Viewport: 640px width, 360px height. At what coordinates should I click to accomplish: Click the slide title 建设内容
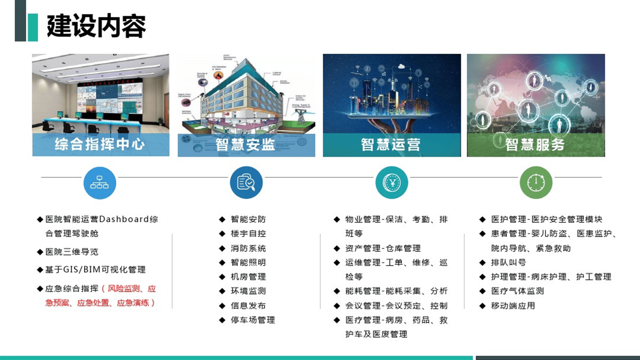96,26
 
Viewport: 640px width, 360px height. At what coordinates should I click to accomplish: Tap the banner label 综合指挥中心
100,144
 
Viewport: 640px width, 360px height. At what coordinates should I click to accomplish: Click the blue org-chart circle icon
100,182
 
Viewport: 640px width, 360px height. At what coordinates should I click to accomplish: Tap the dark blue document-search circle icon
246,182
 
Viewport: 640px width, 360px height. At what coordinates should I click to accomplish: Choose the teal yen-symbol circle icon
392,182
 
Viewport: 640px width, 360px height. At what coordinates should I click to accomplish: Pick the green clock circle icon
536,182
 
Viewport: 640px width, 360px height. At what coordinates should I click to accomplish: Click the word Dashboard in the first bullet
124,220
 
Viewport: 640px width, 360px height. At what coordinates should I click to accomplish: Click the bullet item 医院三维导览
72,252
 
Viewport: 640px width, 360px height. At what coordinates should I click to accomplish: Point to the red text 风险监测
126,289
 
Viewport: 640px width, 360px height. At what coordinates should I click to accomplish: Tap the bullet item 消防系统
248,248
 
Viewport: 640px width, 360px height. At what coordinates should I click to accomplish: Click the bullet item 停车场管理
252,320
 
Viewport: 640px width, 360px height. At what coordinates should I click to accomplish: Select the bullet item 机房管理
248,277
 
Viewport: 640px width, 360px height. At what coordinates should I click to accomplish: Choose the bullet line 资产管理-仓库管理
383,248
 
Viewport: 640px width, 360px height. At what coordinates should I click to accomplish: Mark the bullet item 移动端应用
513,306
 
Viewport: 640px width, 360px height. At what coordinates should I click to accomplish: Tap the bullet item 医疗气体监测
517,291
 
